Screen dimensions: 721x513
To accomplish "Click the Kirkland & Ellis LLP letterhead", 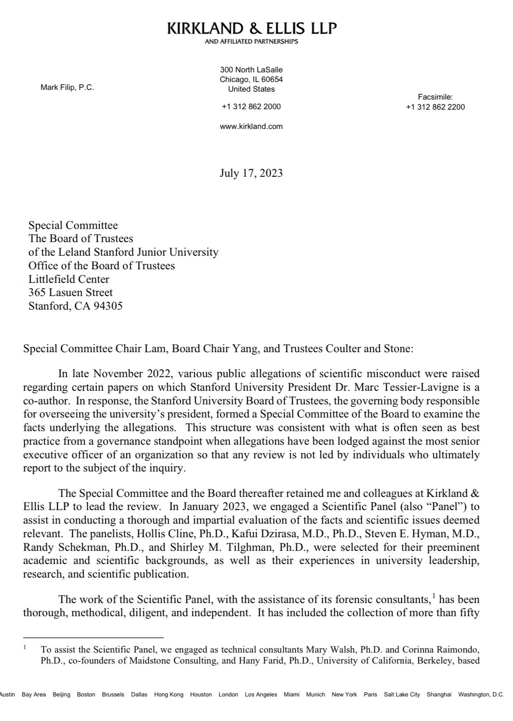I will click(x=252, y=29).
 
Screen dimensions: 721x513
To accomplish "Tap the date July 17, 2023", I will click(x=251, y=173).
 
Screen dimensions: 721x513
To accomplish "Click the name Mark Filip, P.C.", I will click(x=67, y=87).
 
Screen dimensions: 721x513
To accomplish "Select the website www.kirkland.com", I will click(x=251, y=126).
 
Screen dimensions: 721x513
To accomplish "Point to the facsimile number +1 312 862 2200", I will click(x=435, y=107).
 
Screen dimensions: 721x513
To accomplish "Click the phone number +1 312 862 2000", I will click(x=251, y=107).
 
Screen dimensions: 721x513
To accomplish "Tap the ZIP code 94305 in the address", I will click(x=108, y=306).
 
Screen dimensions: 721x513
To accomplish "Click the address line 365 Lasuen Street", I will click(x=71, y=293).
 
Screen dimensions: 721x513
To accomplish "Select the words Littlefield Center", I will click(x=69, y=279).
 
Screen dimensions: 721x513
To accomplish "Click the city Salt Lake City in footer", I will click(x=402, y=694).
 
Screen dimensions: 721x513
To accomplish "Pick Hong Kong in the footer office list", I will click(x=169, y=694).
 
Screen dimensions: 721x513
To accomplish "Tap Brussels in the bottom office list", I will click(x=113, y=694).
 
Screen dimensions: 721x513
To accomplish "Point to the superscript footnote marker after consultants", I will click(x=434, y=596).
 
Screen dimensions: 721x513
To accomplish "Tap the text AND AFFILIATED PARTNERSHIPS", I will click(x=251, y=42).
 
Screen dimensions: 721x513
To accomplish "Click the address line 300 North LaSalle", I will click(x=251, y=70).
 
